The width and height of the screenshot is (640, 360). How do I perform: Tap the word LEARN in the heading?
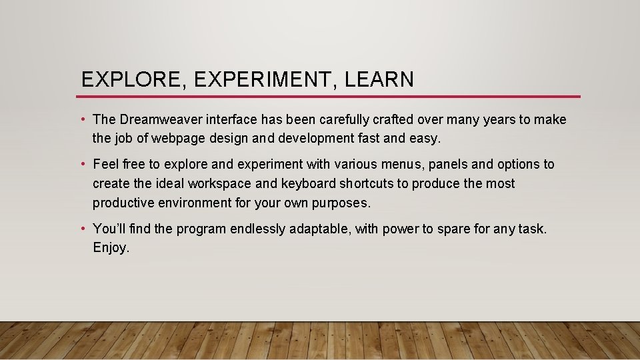379,80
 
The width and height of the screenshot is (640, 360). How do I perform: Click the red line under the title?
330,97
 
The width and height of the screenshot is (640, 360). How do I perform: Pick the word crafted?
391,120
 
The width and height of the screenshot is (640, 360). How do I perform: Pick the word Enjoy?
110,249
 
